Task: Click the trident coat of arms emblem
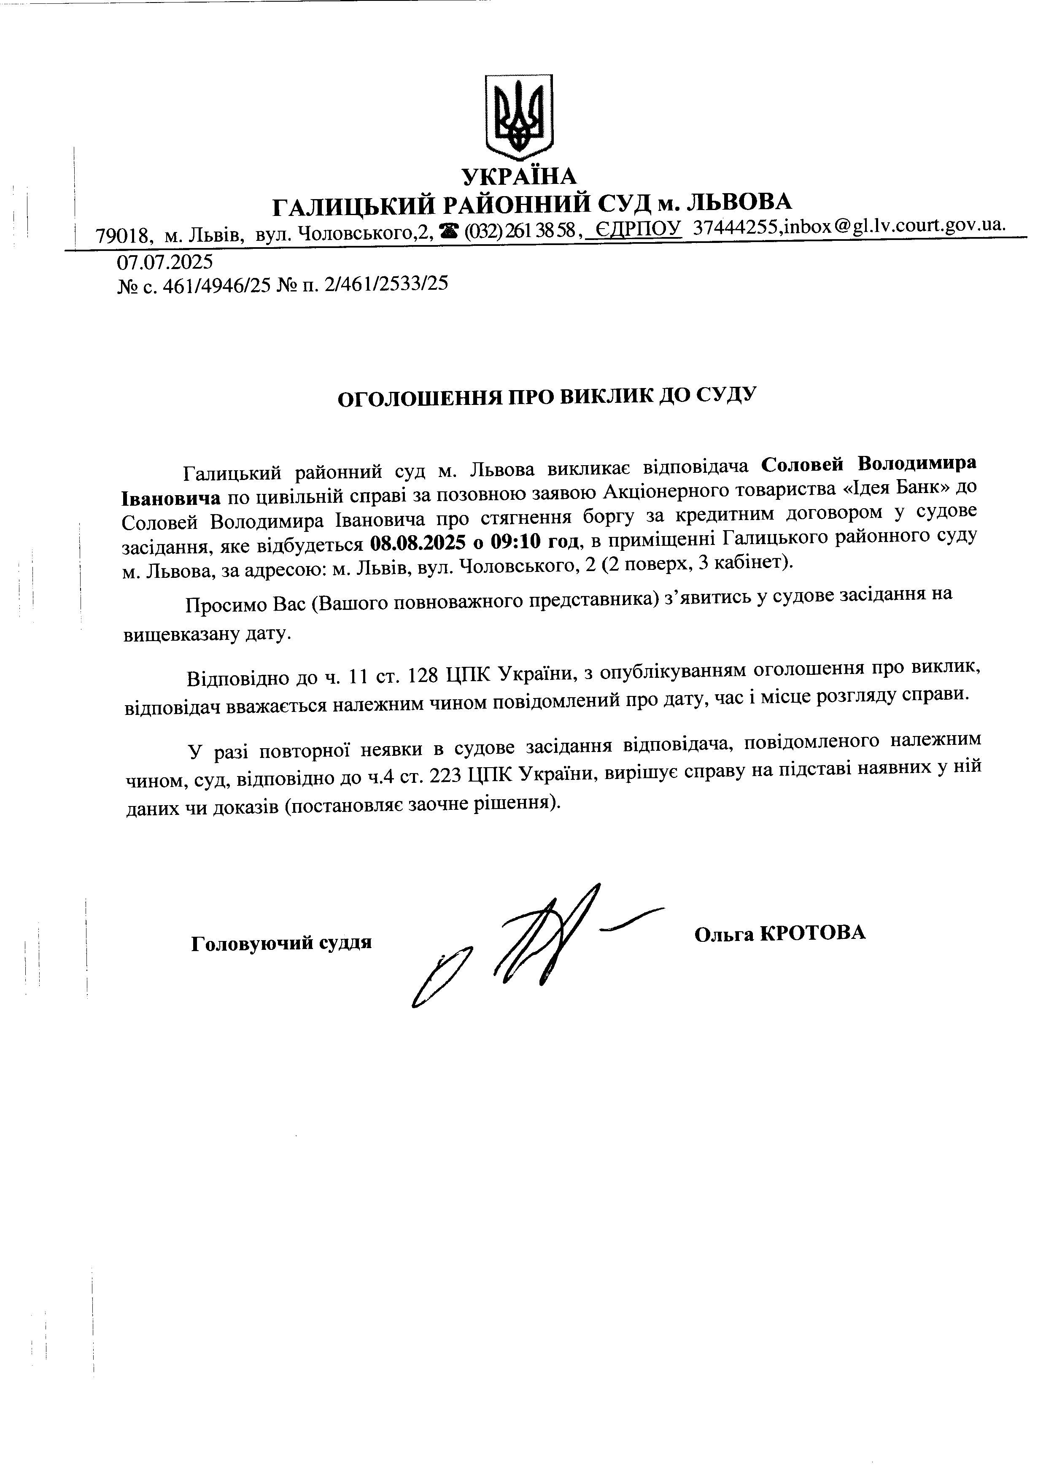point(519,117)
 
